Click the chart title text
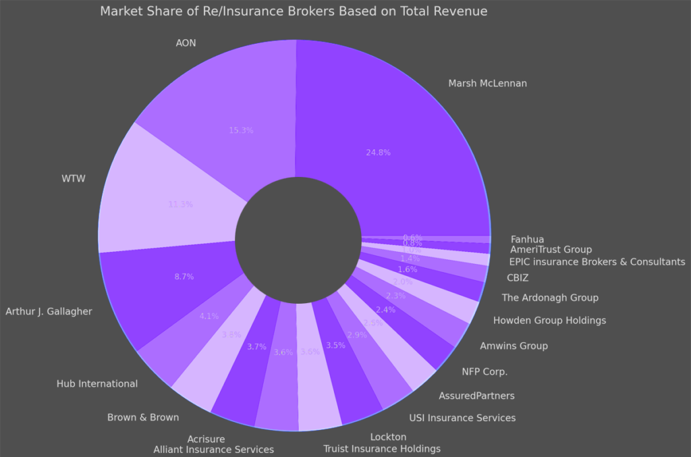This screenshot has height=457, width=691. point(294,11)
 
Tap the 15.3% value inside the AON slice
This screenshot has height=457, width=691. point(241,130)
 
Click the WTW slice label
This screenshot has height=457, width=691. point(74,179)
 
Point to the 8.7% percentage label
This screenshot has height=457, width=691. point(184,277)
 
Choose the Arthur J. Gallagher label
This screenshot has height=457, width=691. point(49,312)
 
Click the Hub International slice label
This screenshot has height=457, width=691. point(97,384)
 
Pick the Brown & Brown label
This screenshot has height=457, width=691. point(143,417)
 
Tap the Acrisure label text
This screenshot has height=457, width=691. point(206,439)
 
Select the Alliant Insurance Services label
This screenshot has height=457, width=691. point(213,450)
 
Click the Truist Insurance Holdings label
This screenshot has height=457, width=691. point(382,449)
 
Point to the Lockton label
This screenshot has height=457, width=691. point(388,437)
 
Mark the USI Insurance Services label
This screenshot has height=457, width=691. point(462,418)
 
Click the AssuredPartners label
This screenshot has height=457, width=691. point(476,396)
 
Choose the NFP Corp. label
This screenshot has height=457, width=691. point(485,371)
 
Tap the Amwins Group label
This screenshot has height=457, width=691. point(514,346)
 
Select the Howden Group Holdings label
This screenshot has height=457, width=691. point(549,321)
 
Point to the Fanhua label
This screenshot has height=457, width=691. point(527,239)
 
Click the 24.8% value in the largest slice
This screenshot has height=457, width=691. point(379,153)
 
